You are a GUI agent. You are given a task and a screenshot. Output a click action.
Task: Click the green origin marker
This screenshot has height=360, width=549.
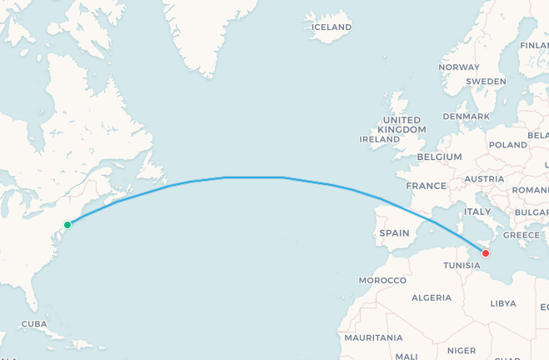point(67,224)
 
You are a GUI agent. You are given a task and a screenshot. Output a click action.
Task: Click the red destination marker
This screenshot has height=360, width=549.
point(486,253)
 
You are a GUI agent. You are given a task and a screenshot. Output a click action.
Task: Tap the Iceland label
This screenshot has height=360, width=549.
point(332,27)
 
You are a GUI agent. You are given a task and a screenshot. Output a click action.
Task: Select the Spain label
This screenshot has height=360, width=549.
point(394,233)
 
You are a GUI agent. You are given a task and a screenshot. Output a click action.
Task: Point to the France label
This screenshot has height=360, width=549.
point(427,186)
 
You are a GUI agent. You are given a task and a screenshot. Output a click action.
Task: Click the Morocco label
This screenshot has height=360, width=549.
point(382,281)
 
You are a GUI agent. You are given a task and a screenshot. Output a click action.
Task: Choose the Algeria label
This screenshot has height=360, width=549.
point(432,297)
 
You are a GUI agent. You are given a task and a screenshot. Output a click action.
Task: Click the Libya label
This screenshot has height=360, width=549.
point(503,303)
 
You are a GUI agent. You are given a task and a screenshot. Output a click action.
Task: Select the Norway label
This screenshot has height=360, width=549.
point(459,67)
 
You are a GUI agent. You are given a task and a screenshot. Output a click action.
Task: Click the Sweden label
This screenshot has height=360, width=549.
point(487,81)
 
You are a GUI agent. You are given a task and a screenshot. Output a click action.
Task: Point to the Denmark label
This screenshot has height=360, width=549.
point(467,116)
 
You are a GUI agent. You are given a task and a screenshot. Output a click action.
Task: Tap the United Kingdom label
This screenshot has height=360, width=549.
point(402,125)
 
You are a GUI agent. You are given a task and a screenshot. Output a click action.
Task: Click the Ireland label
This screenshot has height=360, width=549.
point(379,139)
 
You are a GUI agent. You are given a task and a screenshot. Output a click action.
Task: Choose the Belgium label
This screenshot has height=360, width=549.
point(439,157)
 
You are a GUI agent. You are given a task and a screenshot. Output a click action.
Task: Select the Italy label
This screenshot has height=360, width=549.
point(477,212)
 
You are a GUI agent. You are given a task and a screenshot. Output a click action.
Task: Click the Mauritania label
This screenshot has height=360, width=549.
point(372,337)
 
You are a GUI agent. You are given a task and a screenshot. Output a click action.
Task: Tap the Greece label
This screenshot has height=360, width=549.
point(522,235)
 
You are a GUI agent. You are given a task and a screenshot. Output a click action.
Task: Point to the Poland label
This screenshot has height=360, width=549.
point(508,144)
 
